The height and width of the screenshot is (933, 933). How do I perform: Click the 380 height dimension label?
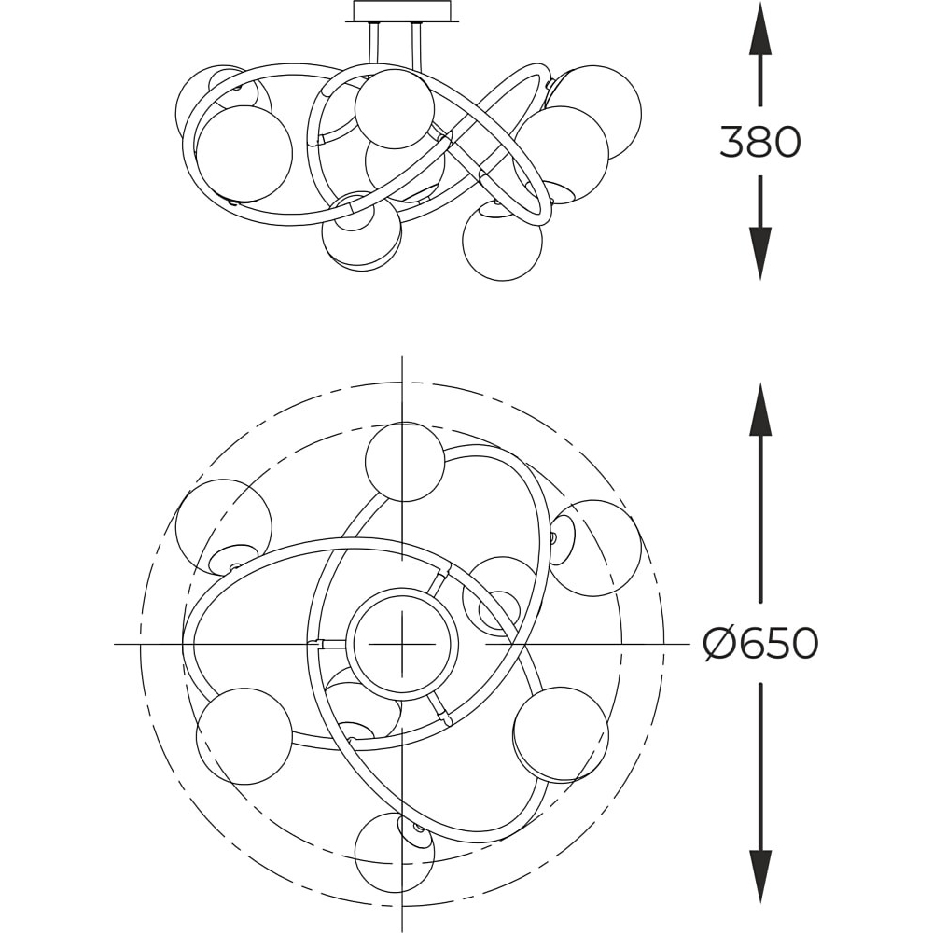(759, 142)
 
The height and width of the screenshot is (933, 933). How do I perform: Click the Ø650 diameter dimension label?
(759, 643)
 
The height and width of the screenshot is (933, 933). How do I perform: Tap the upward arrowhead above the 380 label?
(759, 29)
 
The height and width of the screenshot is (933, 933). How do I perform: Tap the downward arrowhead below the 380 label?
(759, 253)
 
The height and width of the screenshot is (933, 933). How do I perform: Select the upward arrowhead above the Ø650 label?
(759, 410)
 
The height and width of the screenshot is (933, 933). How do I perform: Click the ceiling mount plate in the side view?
(402, 12)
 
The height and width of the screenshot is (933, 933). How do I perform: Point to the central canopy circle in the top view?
(403, 643)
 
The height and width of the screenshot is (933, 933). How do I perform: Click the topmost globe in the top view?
(405, 462)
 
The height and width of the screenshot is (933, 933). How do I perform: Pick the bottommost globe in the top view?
(395, 852)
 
